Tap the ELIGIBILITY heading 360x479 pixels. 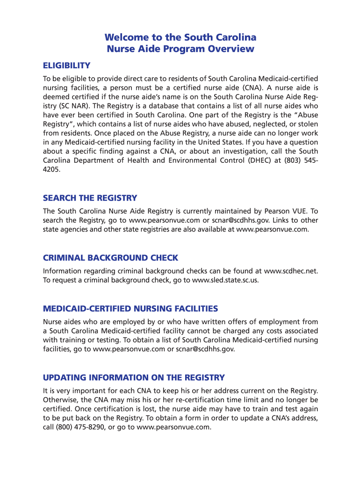click(66, 65)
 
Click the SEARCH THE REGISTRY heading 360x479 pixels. click(90, 198)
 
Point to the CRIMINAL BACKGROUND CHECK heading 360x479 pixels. click(110, 258)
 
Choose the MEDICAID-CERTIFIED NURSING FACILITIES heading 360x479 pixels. click(130, 309)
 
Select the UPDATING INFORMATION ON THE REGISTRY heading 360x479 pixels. click(134, 377)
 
